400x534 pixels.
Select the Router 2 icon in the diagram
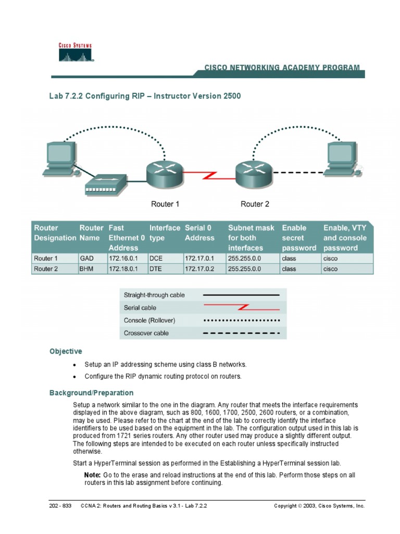click(253, 175)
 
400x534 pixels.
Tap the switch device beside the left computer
click(106, 184)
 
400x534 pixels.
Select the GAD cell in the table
click(86, 259)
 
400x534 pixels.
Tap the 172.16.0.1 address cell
click(122, 259)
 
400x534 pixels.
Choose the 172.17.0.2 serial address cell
click(198, 269)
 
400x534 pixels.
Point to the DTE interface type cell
click(156, 269)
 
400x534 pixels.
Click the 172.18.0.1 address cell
click(122, 269)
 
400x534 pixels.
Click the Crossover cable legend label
click(146, 333)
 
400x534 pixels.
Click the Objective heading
click(66, 351)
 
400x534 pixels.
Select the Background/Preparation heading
click(91, 393)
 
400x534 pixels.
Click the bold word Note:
click(92, 475)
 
